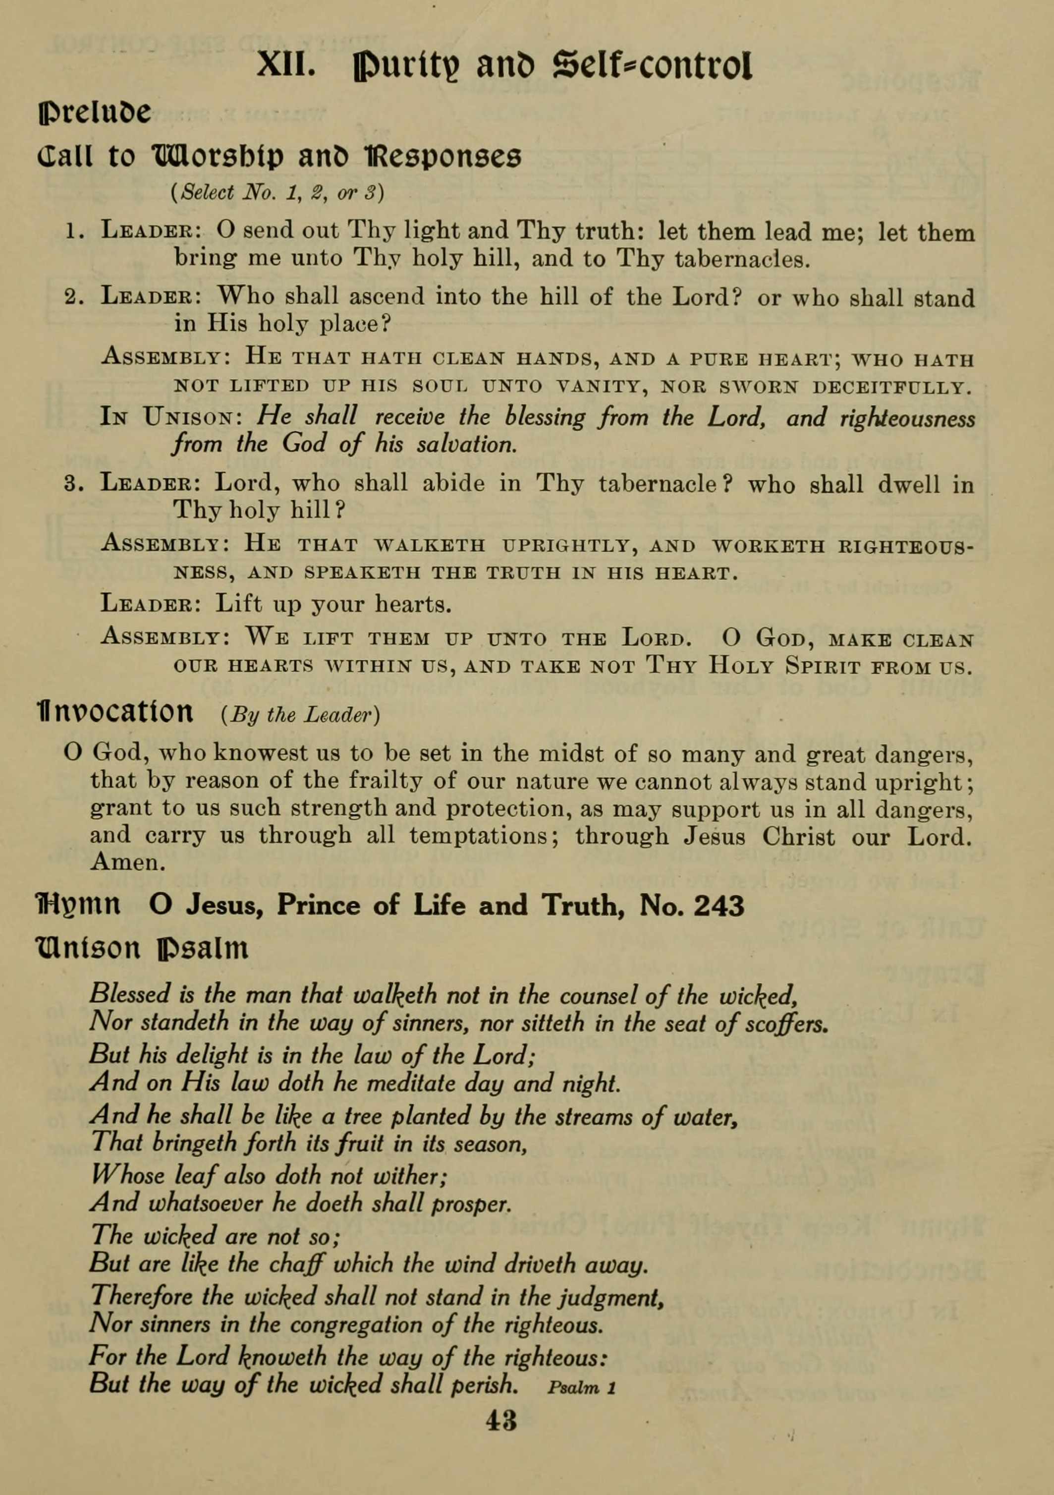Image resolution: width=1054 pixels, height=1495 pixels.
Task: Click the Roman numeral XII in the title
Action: click(286, 65)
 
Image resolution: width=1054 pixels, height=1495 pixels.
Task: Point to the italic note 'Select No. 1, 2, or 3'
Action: click(277, 193)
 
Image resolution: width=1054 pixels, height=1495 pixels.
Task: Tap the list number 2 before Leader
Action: click(72, 298)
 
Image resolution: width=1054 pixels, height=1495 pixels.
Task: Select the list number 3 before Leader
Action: click(72, 484)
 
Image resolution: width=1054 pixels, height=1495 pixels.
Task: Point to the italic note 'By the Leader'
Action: click(300, 714)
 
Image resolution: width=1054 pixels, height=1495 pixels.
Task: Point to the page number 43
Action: click(501, 1421)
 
